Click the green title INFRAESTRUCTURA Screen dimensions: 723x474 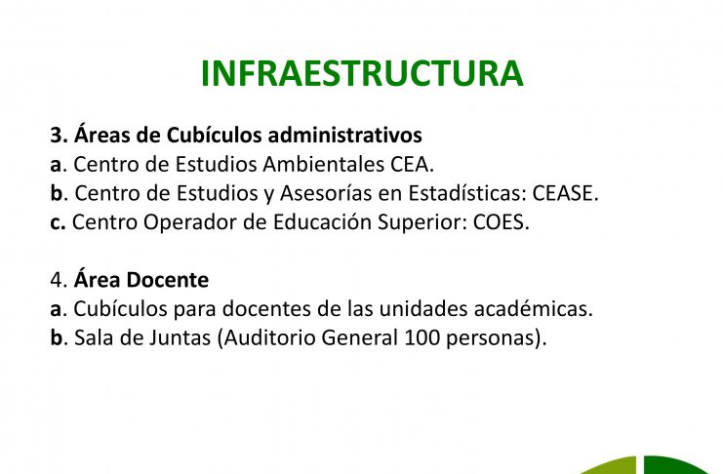point(362,73)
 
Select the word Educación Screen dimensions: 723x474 point(322,222)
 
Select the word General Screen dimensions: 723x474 point(360,338)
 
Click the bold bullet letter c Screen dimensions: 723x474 point(58,223)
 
